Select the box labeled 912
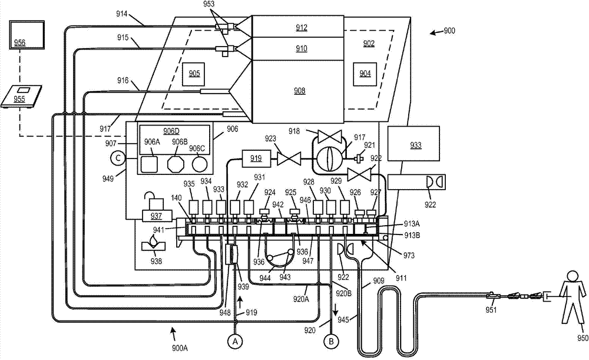[302, 27]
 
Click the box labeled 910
[302, 48]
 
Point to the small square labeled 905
[194, 73]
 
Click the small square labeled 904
[365, 73]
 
